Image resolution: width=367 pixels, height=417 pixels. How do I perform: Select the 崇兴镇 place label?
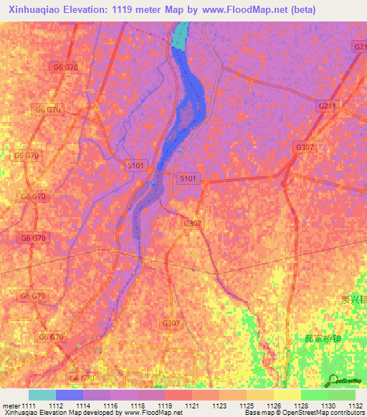tap(353, 300)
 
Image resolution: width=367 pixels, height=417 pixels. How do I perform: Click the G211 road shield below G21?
tap(327, 106)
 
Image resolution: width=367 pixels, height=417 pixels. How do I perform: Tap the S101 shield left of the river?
tap(135, 166)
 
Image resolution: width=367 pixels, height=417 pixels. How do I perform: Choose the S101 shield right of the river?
tap(188, 178)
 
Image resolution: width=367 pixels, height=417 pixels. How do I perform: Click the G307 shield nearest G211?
tap(305, 147)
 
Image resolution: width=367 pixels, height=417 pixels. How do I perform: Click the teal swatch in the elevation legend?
tap(42, 395)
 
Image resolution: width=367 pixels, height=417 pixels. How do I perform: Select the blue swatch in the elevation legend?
tap(70, 395)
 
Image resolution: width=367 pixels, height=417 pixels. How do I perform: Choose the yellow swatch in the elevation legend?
tap(287, 395)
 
